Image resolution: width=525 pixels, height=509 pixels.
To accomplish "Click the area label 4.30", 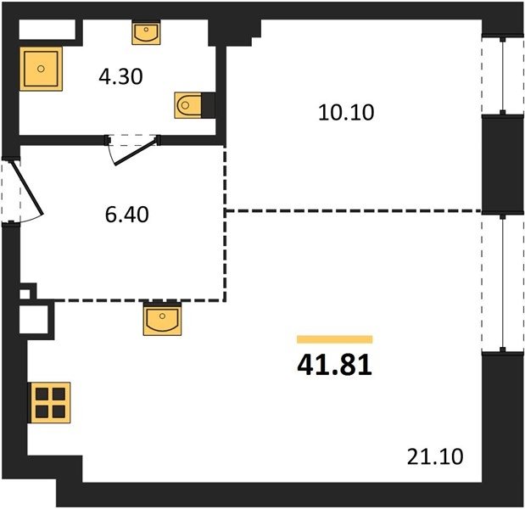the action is (x=121, y=76).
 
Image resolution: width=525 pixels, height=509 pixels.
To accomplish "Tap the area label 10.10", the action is (x=346, y=112).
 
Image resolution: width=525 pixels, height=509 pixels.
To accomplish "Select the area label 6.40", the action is (x=127, y=215).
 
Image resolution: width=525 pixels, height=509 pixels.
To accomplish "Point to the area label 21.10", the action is (x=435, y=456).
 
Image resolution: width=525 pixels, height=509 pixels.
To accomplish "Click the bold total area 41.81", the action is (x=334, y=365).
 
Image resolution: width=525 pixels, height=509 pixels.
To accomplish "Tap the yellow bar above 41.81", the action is (x=334, y=339).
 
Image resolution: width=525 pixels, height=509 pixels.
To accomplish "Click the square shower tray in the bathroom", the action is (x=41, y=69).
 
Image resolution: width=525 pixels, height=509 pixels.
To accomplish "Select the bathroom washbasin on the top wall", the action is (x=146, y=33).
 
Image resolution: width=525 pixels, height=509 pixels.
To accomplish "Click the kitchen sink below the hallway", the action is (x=162, y=319).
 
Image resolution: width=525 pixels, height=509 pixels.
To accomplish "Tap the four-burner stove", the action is (x=49, y=402).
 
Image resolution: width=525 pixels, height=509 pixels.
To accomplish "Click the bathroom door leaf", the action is (x=136, y=151).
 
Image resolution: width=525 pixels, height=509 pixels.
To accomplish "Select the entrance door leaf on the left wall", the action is (x=27, y=188).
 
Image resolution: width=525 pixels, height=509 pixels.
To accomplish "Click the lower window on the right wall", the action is (x=503, y=283).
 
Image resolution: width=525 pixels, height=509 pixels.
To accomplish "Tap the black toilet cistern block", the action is (x=209, y=105).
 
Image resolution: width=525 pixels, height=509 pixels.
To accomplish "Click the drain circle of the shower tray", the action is (x=41, y=69).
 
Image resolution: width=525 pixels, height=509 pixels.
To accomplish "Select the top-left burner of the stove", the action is (x=42, y=394).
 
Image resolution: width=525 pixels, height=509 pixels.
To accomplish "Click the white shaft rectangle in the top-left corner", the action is (x=47, y=30).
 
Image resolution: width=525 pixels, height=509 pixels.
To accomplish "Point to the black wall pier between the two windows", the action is (x=503, y=165).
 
